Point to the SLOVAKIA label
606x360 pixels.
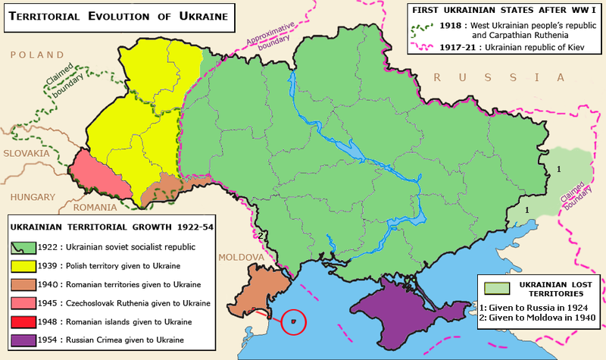(25, 153)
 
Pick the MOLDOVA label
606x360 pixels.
(240, 258)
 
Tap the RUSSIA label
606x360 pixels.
(495, 77)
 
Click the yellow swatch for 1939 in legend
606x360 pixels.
(20, 266)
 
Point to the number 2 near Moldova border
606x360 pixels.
(259, 236)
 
